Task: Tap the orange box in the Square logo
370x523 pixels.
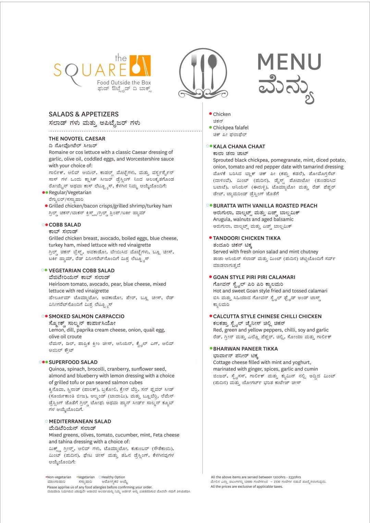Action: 140,65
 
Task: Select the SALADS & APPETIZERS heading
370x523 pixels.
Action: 84,114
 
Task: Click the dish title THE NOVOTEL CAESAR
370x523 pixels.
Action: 77,139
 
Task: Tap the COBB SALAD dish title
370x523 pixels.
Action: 65,225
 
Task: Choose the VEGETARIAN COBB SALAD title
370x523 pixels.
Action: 82,271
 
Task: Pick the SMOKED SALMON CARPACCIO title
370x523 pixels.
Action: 86,316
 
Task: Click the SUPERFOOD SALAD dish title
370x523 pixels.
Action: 73,362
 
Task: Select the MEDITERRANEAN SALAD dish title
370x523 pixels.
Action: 80,422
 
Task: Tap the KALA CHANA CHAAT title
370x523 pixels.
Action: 239,147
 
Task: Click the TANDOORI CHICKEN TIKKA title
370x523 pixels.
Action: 247,238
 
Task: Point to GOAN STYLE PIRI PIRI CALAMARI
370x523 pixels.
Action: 254,277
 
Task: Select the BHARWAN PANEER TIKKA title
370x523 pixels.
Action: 245,349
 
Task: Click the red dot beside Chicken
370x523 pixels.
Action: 210,114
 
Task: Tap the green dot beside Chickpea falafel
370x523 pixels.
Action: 210,127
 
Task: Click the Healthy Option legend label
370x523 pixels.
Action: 113,477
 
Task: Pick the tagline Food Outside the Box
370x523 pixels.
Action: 124,83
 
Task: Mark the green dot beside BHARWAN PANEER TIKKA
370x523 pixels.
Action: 211,348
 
